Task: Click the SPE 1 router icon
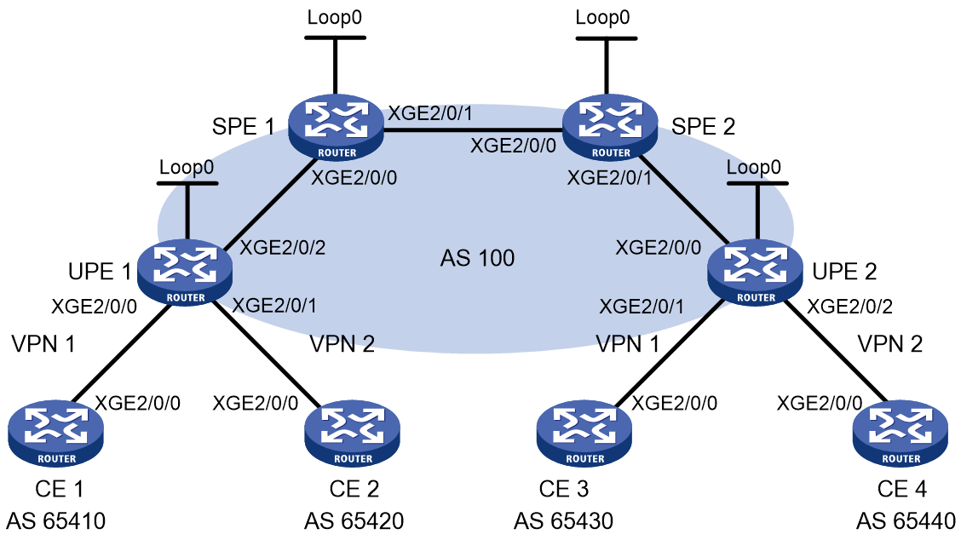coord(336,128)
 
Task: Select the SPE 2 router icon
coord(610,128)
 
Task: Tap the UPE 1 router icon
coord(185,273)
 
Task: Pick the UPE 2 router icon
coord(755,273)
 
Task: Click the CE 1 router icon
coord(55,434)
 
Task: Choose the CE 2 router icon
coord(353,434)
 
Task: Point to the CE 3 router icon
coord(584,434)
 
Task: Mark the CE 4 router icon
coord(901,434)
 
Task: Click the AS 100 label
coord(477,258)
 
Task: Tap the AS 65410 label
coord(55,521)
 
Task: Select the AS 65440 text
coord(906,521)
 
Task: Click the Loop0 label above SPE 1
coord(335,17)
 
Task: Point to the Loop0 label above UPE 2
coord(754,167)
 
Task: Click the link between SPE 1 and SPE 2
coord(473,129)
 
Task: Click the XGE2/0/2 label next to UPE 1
coord(282,248)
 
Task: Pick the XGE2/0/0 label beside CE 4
coord(820,404)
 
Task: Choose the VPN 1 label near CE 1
coord(43,344)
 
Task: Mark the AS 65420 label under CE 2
coord(354,521)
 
